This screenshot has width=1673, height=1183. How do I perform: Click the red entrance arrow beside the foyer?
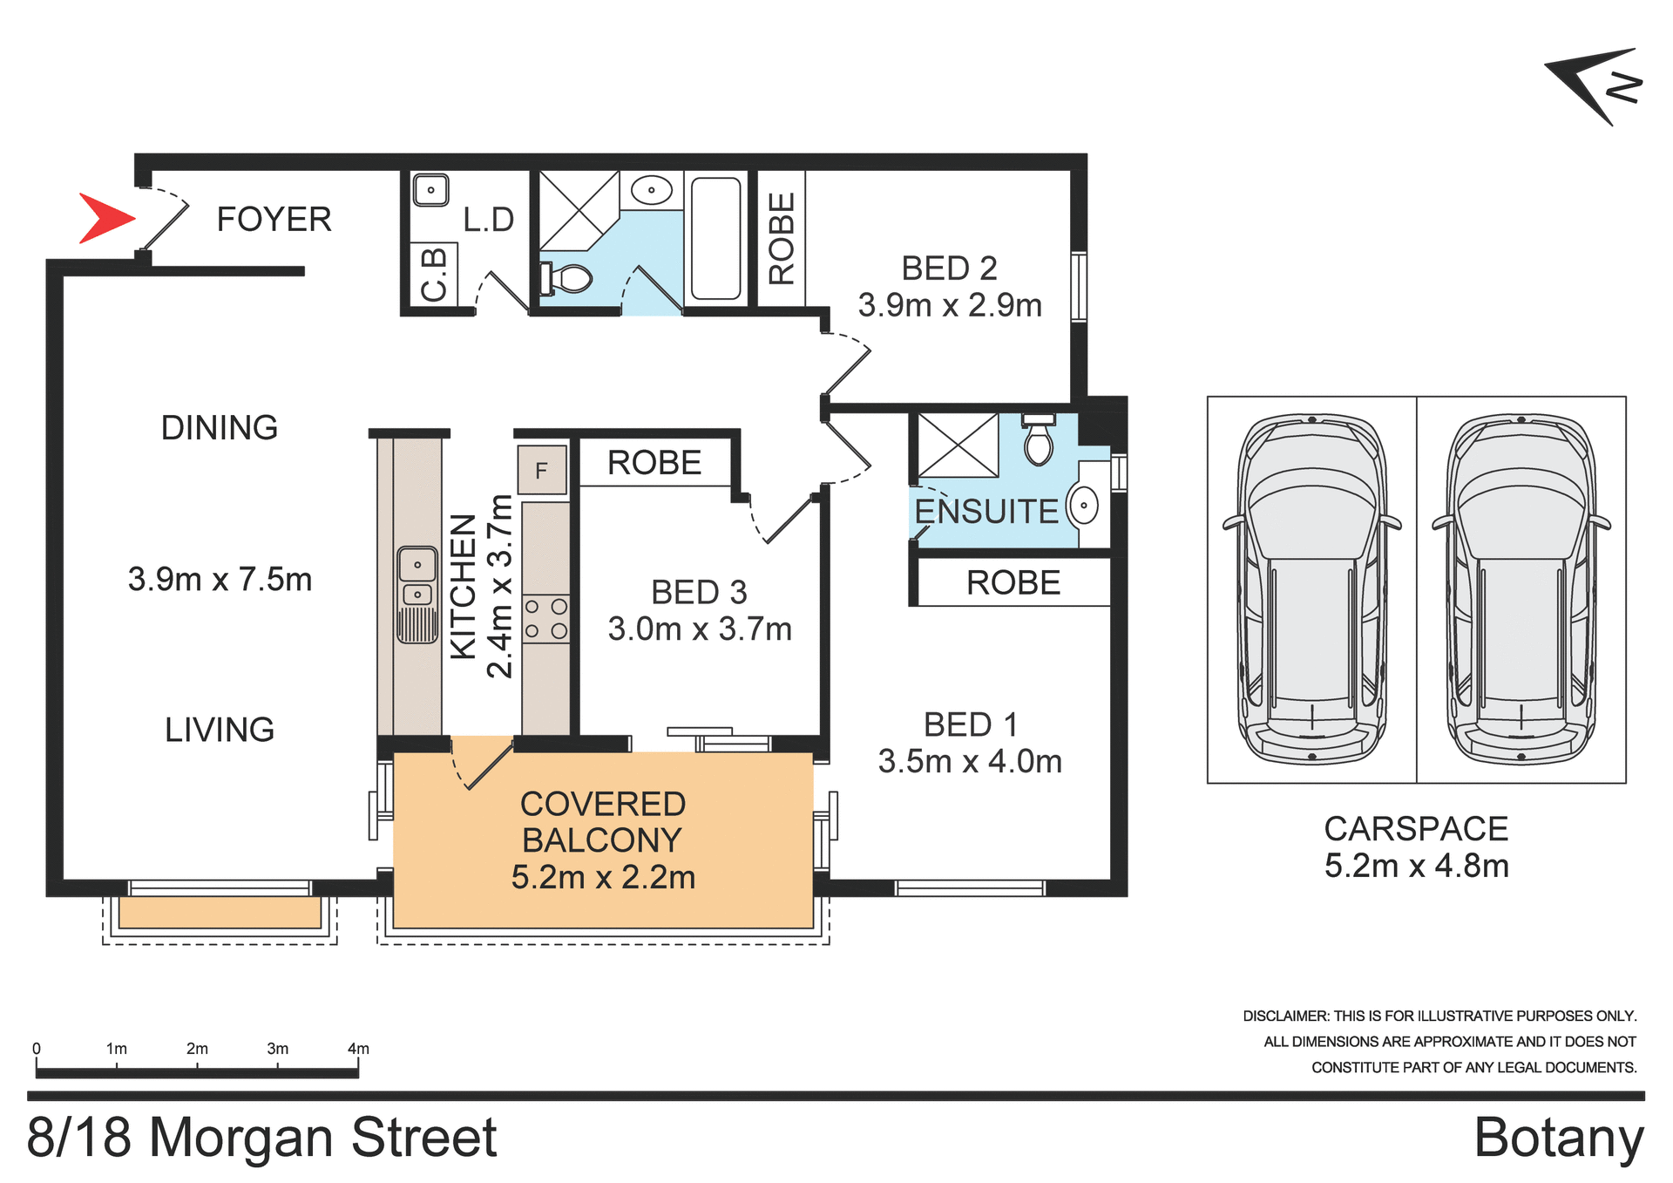[105, 218]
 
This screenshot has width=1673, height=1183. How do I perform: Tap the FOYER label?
[274, 220]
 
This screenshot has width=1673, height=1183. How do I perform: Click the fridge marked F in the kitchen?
[542, 471]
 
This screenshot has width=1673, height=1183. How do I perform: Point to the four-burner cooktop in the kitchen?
[545, 618]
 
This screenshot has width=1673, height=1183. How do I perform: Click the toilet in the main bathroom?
[567, 279]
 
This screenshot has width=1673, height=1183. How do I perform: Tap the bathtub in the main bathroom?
[715, 238]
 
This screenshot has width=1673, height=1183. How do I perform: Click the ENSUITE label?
[986, 512]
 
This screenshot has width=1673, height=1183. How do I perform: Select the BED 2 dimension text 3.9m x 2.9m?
[950, 306]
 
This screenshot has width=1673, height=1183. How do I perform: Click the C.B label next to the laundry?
[433, 275]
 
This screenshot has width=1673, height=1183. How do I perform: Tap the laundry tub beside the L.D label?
[430, 189]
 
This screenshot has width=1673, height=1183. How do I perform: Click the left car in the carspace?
[1311, 588]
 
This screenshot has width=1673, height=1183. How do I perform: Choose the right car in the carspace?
[1521, 588]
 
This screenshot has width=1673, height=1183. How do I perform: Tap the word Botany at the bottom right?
[1558, 1138]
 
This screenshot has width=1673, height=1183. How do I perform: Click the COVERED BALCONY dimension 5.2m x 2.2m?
[603, 878]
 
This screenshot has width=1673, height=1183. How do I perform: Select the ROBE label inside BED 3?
[654, 463]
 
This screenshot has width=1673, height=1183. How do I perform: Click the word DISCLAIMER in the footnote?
[1285, 1016]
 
